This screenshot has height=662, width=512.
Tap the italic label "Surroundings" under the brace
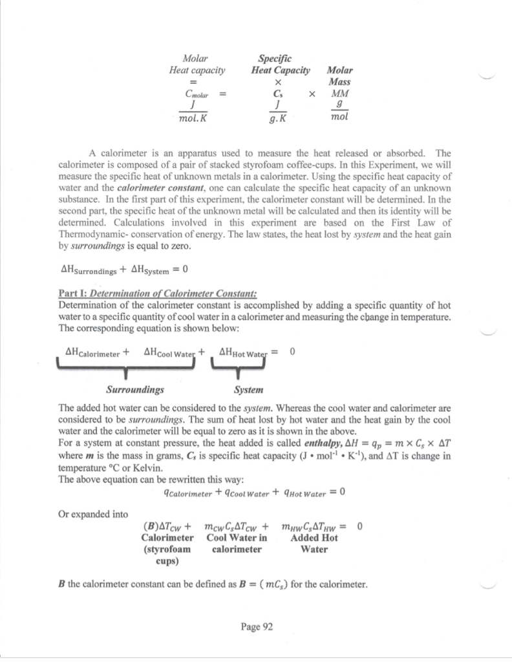pyautogui.click(x=134, y=390)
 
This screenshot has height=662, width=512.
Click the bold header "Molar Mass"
pyautogui.click(x=340, y=76)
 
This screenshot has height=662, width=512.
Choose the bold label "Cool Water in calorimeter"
pyautogui.click(x=237, y=543)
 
